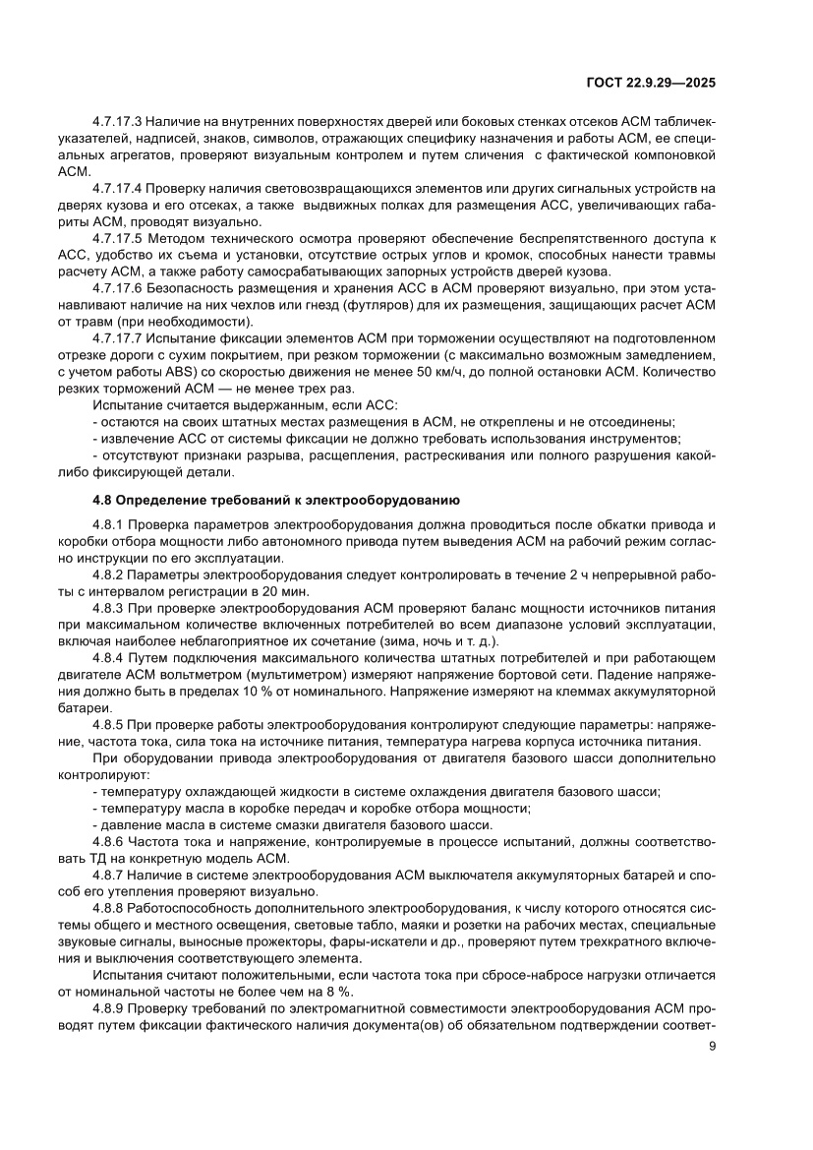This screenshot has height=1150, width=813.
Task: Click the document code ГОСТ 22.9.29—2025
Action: pos(650,83)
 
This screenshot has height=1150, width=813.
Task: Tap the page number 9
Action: pos(712,1046)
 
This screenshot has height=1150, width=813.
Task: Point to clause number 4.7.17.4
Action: pos(118,187)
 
